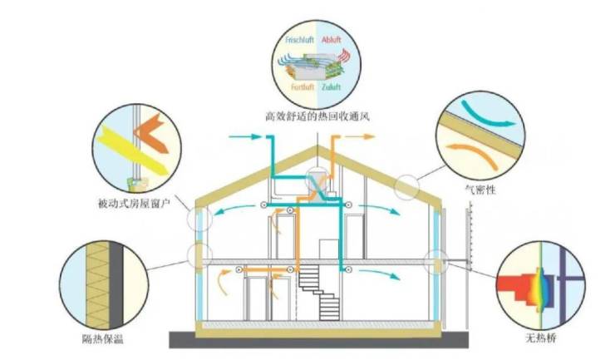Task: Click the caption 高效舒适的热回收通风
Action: coord(313,119)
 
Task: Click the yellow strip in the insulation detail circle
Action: coord(90,283)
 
